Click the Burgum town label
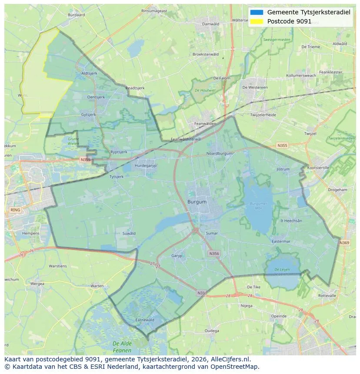(197, 202)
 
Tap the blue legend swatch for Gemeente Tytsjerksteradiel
(257, 12)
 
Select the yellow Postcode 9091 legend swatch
(257, 21)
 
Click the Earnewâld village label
(145, 320)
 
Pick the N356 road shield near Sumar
(214, 253)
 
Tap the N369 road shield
(344, 243)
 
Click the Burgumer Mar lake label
(259, 205)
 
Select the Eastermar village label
(280, 242)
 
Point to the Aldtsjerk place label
(89, 73)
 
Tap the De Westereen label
(255, 87)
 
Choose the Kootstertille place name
(318, 168)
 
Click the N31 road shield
(201, 293)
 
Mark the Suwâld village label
(129, 233)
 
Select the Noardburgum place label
(219, 153)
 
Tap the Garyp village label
(177, 256)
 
